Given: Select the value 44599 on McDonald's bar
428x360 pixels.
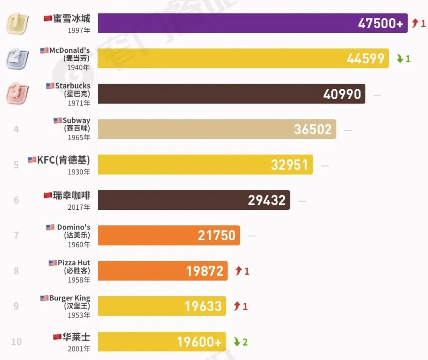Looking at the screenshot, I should coord(365,59).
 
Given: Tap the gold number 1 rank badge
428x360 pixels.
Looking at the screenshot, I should coord(16,23).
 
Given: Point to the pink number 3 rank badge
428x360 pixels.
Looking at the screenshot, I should coord(17,94).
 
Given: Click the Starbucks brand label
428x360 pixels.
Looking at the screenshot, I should coord(73,86).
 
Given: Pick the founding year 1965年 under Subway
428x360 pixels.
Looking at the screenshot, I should coord(78,138).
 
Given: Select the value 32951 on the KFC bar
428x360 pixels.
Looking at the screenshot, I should coord(289,165).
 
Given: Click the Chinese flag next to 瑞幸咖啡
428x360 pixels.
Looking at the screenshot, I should coord(48,195).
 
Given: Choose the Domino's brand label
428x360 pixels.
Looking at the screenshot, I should coord(73,227).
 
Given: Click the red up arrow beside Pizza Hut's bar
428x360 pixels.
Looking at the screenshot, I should coord(238,271).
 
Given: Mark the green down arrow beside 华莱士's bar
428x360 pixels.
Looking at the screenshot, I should coord(237,342).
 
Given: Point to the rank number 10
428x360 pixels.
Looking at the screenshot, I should coord(16,342).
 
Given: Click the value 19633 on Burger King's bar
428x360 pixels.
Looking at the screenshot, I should coord(203,306).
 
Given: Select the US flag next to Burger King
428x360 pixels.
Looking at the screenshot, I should coord(44,298).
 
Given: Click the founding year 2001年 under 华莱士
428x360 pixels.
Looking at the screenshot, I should coord(78,349).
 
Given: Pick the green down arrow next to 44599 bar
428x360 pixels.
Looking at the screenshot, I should coord(400,59).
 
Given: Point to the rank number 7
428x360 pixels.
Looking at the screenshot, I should coord(16,236).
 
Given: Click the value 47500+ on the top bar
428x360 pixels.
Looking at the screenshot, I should coord(380,23).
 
